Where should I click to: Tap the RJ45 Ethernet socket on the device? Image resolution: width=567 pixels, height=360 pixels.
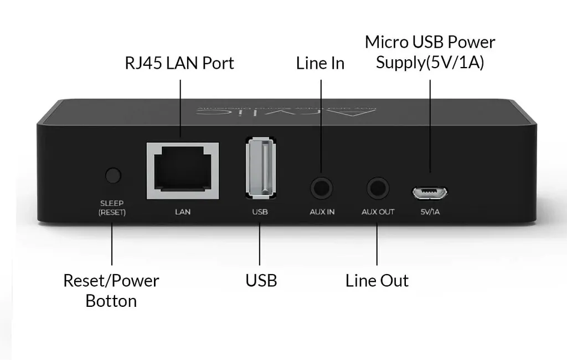(182, 171)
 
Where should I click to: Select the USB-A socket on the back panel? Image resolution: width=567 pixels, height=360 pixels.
(260, 169)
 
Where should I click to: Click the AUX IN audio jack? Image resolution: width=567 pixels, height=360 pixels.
(322, 188)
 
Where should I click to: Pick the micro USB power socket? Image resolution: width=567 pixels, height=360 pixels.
(429, 193)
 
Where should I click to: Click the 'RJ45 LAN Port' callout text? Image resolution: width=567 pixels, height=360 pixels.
(179, 63)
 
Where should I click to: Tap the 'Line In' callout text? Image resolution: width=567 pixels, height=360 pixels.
(320, 63)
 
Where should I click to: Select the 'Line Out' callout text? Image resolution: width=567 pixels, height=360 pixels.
(377, 280)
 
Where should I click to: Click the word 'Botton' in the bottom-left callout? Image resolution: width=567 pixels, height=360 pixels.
(111, 301)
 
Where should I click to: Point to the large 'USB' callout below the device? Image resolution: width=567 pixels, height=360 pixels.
(261, 280)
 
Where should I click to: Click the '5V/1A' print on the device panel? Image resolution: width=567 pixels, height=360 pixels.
(429, 212)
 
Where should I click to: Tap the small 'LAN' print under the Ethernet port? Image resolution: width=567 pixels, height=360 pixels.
(182, 212)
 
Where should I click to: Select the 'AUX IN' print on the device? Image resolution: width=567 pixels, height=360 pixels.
(322, 212)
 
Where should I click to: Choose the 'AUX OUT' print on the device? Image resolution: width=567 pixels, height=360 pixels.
(378, 212)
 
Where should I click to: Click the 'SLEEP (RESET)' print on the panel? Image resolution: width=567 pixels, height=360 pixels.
(112, 208)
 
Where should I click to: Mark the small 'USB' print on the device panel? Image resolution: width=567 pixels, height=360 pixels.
(260, 212)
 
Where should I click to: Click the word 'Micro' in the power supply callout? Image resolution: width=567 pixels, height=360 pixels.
(385, 42)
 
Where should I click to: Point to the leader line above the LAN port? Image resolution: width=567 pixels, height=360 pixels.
(181, 108)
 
